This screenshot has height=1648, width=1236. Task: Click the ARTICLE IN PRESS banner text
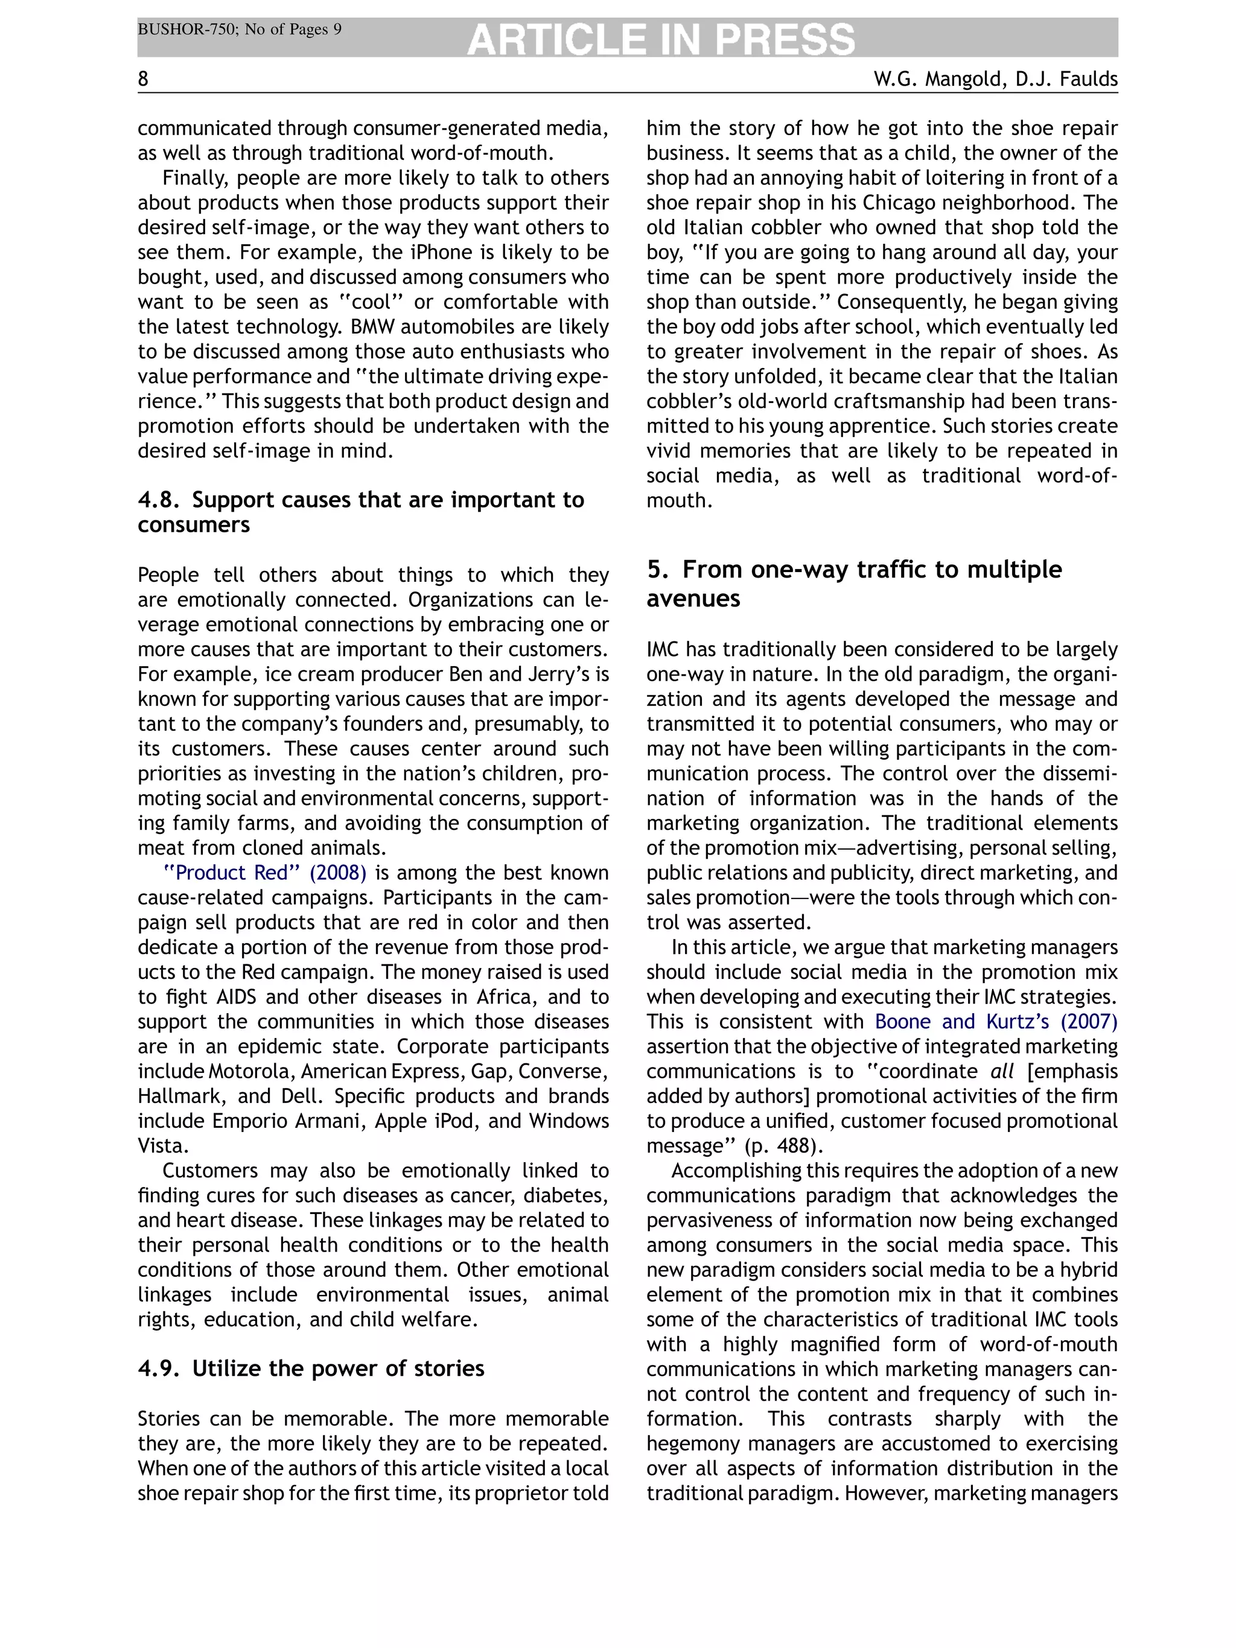(x=661, y=39)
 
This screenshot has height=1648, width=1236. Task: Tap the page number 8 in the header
(x=143, y=79)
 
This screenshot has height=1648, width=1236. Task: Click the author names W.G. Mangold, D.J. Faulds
(x=995, y=79)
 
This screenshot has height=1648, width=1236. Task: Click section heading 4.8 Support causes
(x=360, y=512)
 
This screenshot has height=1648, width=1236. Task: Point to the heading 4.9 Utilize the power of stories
(x=311, y=1368)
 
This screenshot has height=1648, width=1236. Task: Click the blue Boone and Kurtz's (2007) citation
(x=995, y=1022)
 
